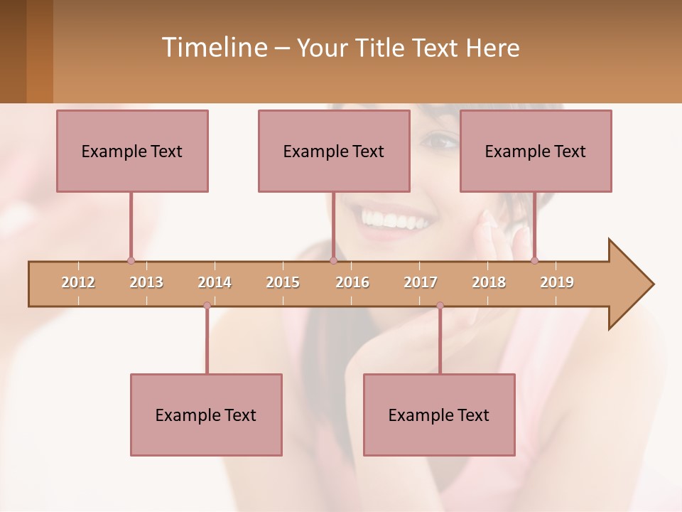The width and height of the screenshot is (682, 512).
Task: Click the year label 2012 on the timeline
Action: (x=78, y=282)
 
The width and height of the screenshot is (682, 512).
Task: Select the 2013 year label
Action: (x=146, y=282)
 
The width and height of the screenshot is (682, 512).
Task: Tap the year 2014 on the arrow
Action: (x=215, y=282)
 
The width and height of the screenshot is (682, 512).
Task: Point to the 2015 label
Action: (x=283, y=282)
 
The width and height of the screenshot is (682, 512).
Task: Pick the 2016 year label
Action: (x=352, y=282)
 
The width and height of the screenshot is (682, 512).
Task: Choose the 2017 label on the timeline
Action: (x=421, y=282)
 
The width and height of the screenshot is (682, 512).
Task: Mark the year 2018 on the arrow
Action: (x=489, y=282)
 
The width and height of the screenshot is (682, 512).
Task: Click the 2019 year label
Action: (x=557, y=282)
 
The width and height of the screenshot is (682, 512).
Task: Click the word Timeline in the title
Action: (x=213, y=48)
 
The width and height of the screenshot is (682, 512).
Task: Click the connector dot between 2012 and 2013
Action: (x=131, y=260)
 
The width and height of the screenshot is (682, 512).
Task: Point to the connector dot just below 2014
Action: (x=207, y=306)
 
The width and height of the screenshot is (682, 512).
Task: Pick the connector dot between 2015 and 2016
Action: (x=333, y=260)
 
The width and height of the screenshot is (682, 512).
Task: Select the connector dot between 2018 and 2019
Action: (x=534, y=260)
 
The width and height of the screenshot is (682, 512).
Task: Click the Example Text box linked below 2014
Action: (x=206, y=415)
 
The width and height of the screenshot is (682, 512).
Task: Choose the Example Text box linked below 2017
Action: (x=439, y=415)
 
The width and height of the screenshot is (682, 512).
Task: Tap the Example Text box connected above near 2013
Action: (x=132, y=151)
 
